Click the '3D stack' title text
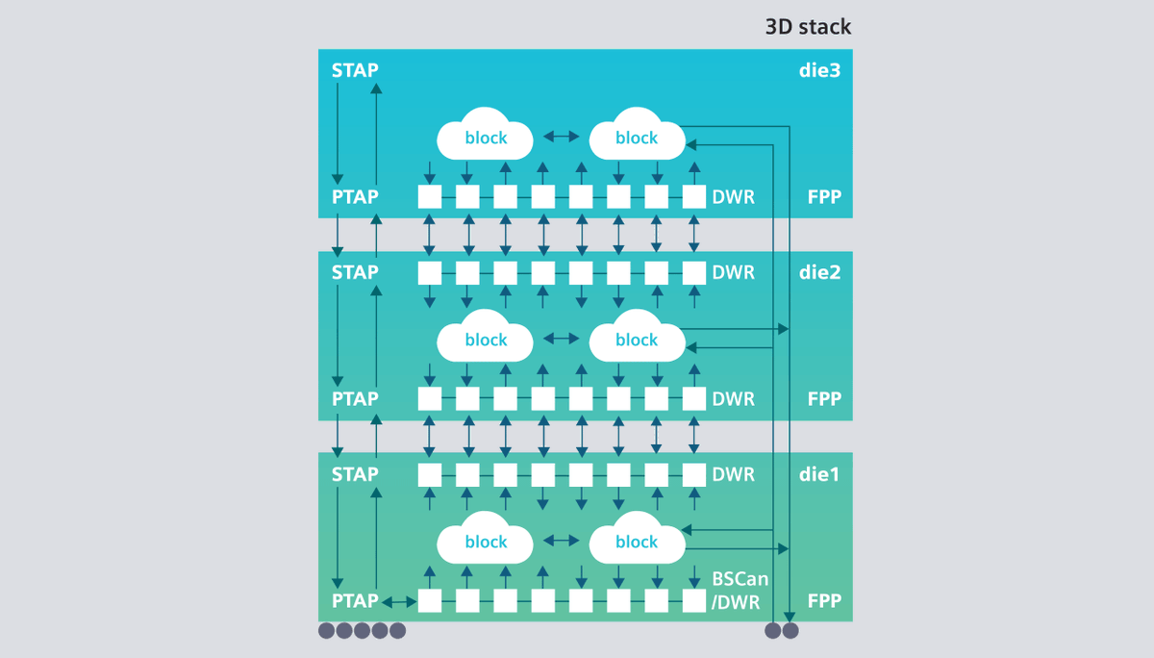coord(808,27)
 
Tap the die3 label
coord(819,70)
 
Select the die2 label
coord(819,272)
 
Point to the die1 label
coord(819,474)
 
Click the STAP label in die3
coord(355,70)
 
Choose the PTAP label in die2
coord(355,398)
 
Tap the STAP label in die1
coord(355,474)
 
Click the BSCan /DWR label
coord(736,592)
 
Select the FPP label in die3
coord(824,197)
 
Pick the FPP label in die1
coord(824,601)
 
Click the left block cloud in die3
coord(486,139)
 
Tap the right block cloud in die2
coord(637,340)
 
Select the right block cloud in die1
coord(637,542)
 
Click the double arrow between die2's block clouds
coord(561,340)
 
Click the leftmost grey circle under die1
coord(326,631)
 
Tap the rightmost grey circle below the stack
coord(790,631)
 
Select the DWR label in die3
coord(733,197)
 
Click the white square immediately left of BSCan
coord(694,601)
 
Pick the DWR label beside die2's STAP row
coord(733,272)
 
